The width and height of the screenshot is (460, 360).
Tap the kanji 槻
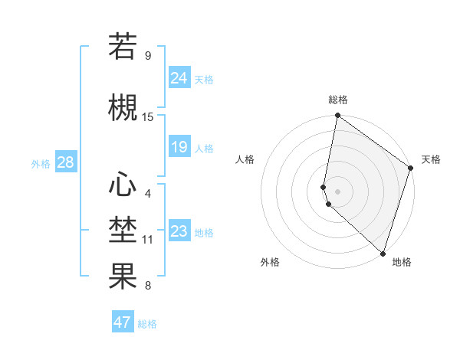[x=123, y=107]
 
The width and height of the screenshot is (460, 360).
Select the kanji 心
[x=123, y=184]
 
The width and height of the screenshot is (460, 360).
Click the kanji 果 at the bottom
[x=123, y=277]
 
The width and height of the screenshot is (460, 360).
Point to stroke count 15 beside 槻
[x=148, y=117]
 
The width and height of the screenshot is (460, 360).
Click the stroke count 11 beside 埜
[x=148, y=240]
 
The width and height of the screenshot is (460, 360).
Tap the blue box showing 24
[x=179, y=78]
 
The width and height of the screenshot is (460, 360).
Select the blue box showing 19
[x=179, y=147]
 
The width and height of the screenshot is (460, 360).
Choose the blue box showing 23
[x=179, y=231]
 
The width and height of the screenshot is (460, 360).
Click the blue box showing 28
[x=65, y=162]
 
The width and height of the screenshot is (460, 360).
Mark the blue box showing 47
[x=122, y=322]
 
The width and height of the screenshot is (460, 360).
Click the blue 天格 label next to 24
[x=204, y=80]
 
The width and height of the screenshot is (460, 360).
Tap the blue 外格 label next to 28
[x=41, y=163]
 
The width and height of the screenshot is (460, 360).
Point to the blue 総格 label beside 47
[x=147, y=324]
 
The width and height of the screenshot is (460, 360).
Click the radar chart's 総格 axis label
[x=338, y=100]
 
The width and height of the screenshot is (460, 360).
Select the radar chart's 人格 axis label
[x=245, y=159]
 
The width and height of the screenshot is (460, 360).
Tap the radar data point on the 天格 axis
[x=411, y=169]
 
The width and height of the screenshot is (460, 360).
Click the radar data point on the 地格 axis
[x=383, y=254]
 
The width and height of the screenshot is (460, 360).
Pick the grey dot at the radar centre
[x=338, y=191]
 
